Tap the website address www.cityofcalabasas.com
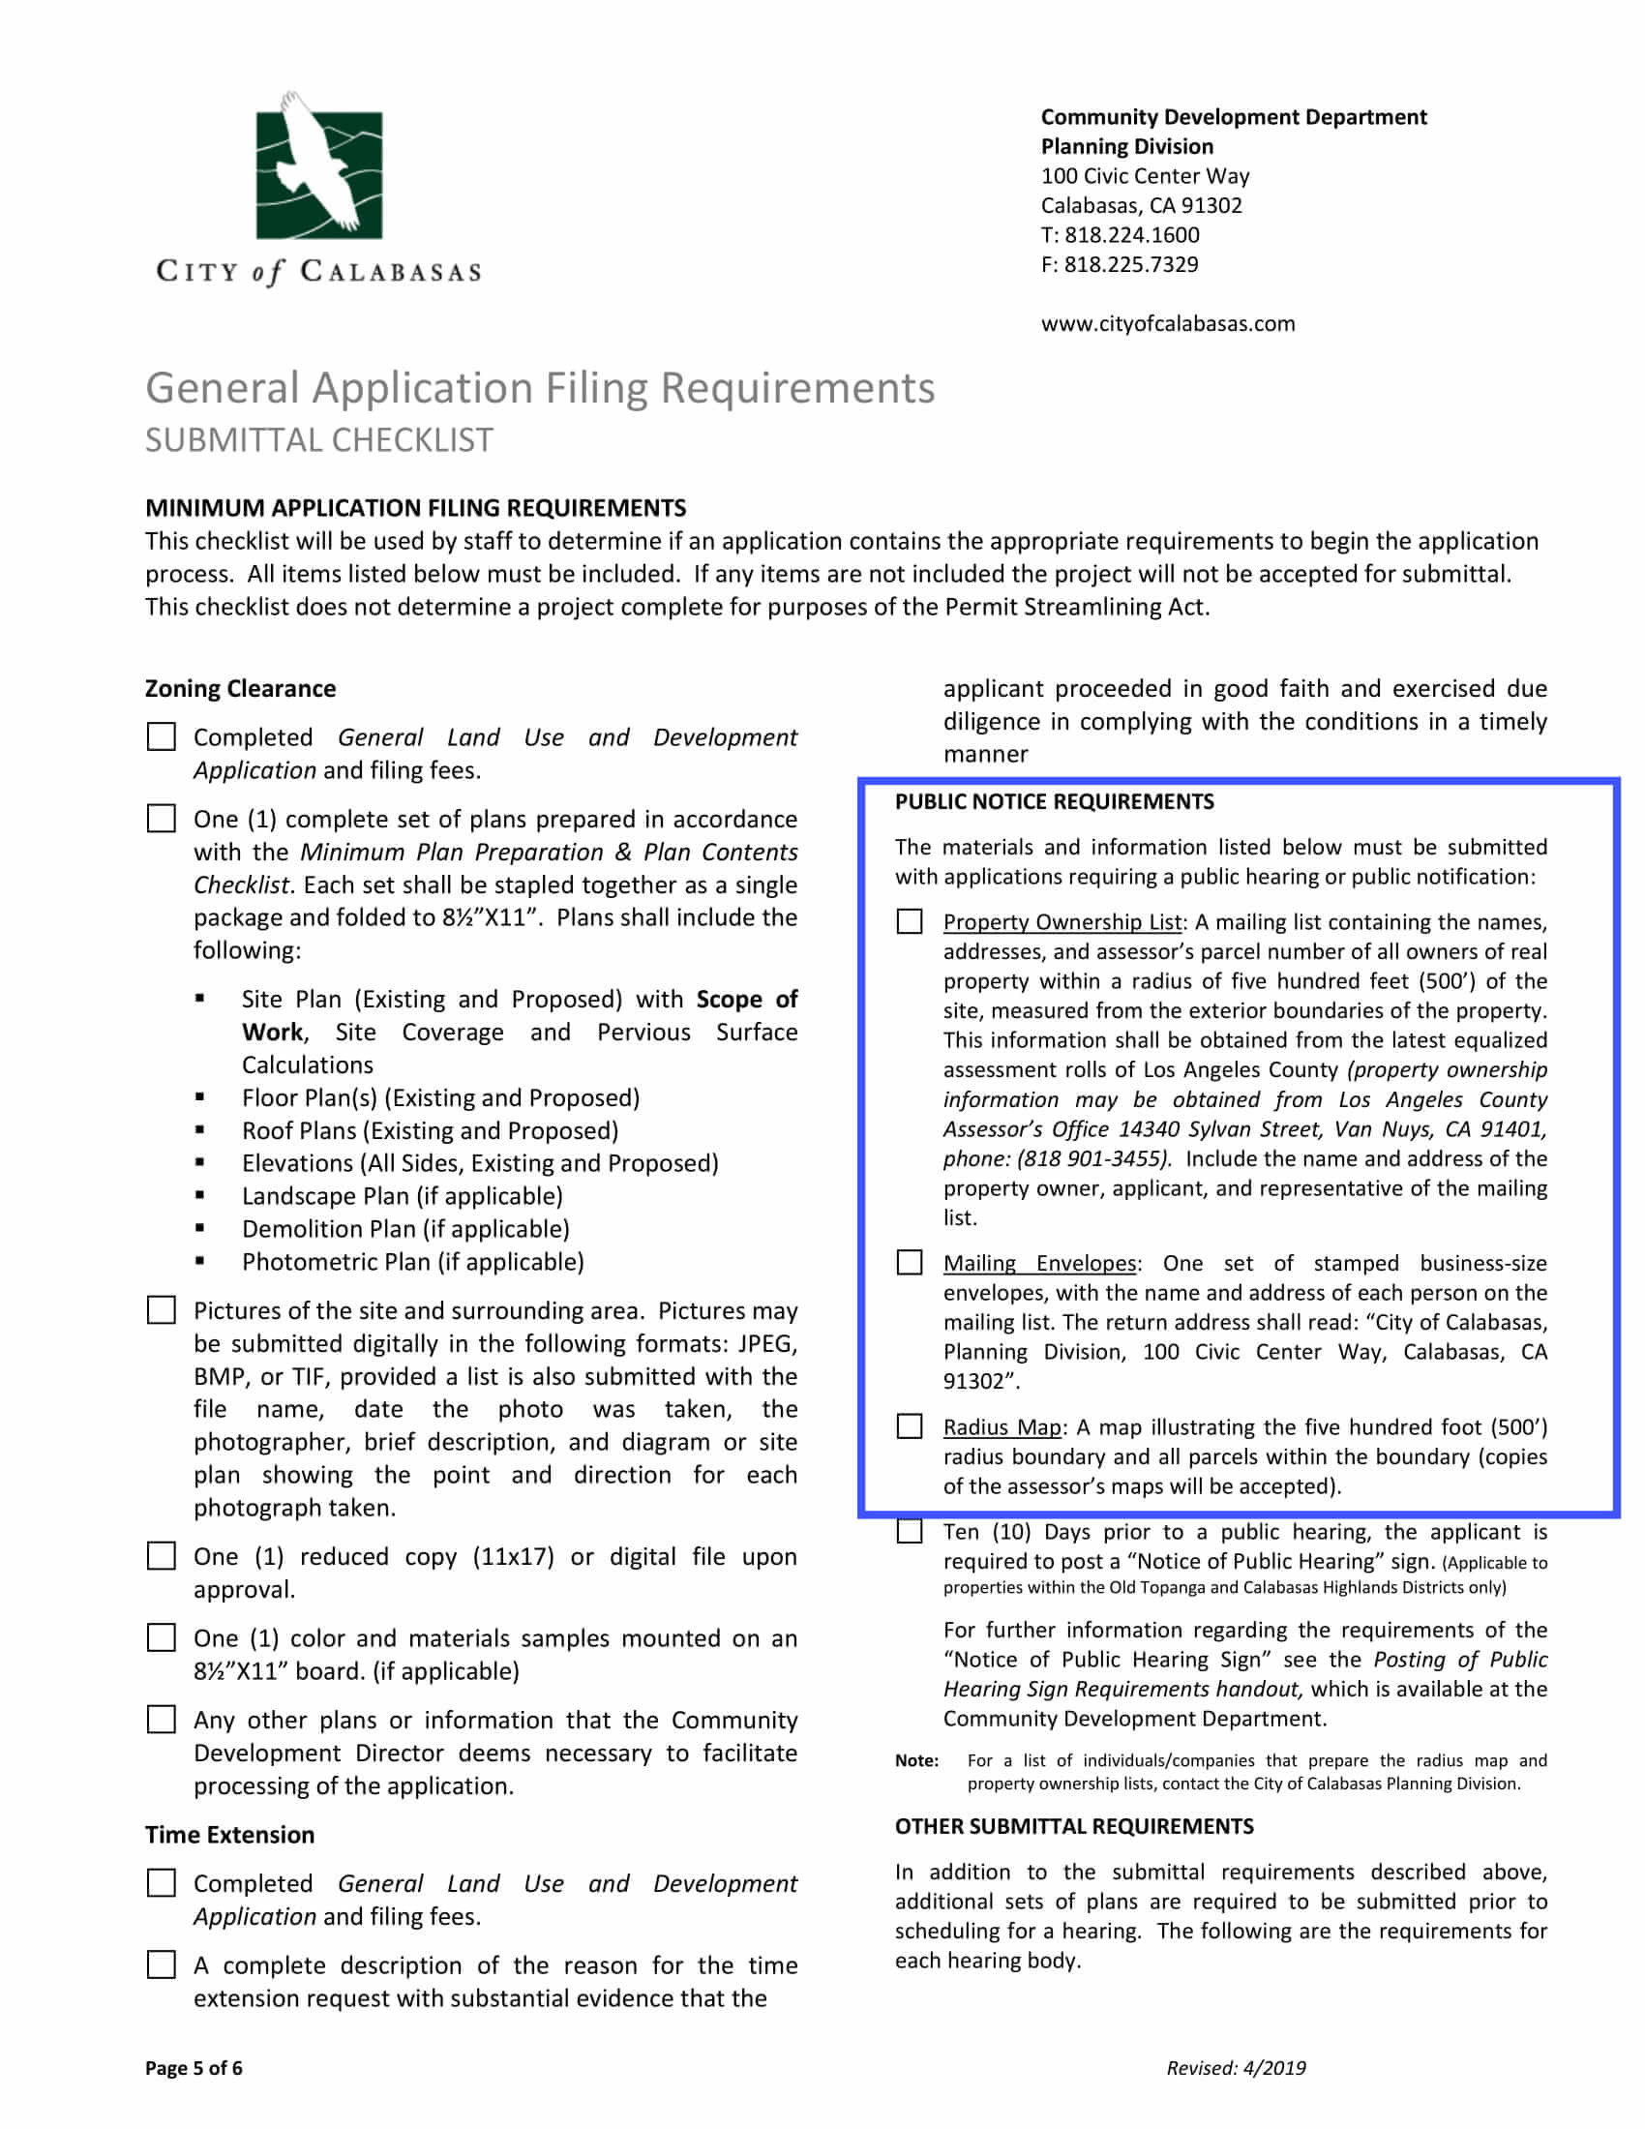click(x=1168, y=323)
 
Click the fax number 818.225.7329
click(x=1130, y=265)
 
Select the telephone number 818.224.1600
click(x=1131, y=235)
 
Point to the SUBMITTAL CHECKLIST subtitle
click(x=318, y=440)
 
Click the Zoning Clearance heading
click(x=240, y=688)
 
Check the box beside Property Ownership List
click(x=910, y=921)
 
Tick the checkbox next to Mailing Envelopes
click(x=910, y=1262)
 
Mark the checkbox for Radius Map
click(x=910, y=1426)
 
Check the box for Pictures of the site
click(x=161, y=1310)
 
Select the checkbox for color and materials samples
click(x=161, y=1637)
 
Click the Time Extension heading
click(x=229, y=1835)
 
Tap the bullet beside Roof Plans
click(x=199, y=1129)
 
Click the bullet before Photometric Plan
click(x=199, y=1260)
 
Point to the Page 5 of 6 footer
click(x=193, y=2069)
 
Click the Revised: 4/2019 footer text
click(x=1236, y=2069)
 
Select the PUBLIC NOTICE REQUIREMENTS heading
click(x=1054, y=801)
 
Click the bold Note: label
click(x=916, y=1760)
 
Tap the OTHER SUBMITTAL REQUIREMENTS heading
click(x=1074, y=1826)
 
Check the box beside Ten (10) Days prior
click(x=910, y=1532)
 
